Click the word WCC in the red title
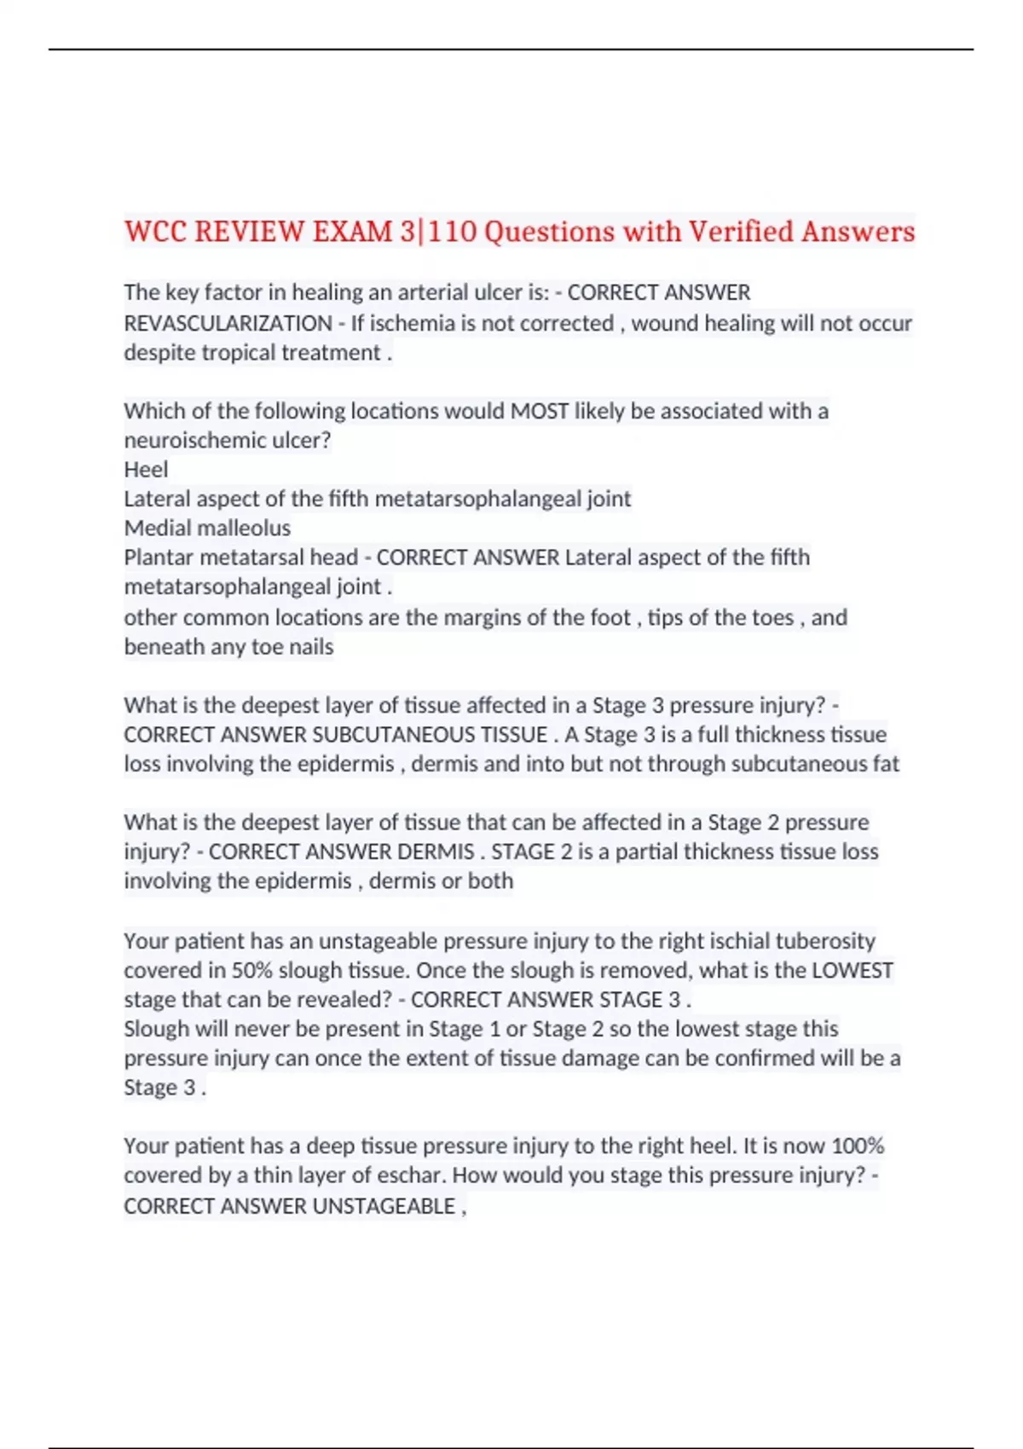(x=156, y=231)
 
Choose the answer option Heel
(x=146, y=470)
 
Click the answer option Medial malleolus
(x=207, y=528)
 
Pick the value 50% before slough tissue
(x=251, y=970)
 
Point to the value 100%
(x=858, y=1146)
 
